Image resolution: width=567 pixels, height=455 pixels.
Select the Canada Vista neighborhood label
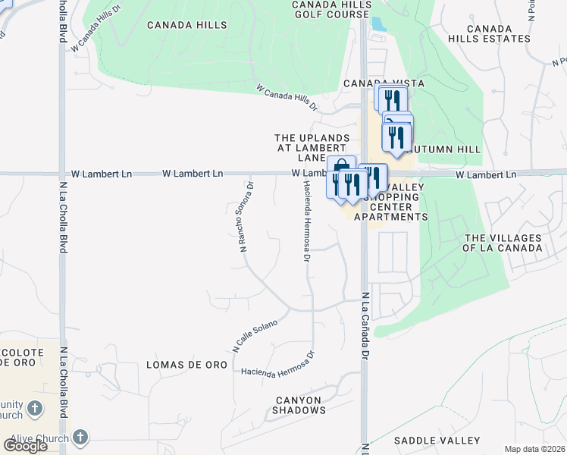tap(384, 83)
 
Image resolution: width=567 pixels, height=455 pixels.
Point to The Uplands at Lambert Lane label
tap(312, 147)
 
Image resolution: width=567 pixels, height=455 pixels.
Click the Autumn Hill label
tap(447, 150)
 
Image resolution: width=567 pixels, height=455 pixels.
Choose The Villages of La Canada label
tap(503, 243)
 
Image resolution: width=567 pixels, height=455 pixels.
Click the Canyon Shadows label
tap(299, 405)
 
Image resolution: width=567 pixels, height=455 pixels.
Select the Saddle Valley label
tap(437, 441)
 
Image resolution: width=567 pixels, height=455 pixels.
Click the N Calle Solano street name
tap(255, 336)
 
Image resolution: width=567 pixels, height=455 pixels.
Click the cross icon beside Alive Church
tap(80, 438)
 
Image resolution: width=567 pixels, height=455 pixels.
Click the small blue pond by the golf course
tap(377, 24)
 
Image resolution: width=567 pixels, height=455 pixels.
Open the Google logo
tap(25, 446)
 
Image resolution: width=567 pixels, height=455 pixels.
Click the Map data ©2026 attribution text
tap(534, 449)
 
